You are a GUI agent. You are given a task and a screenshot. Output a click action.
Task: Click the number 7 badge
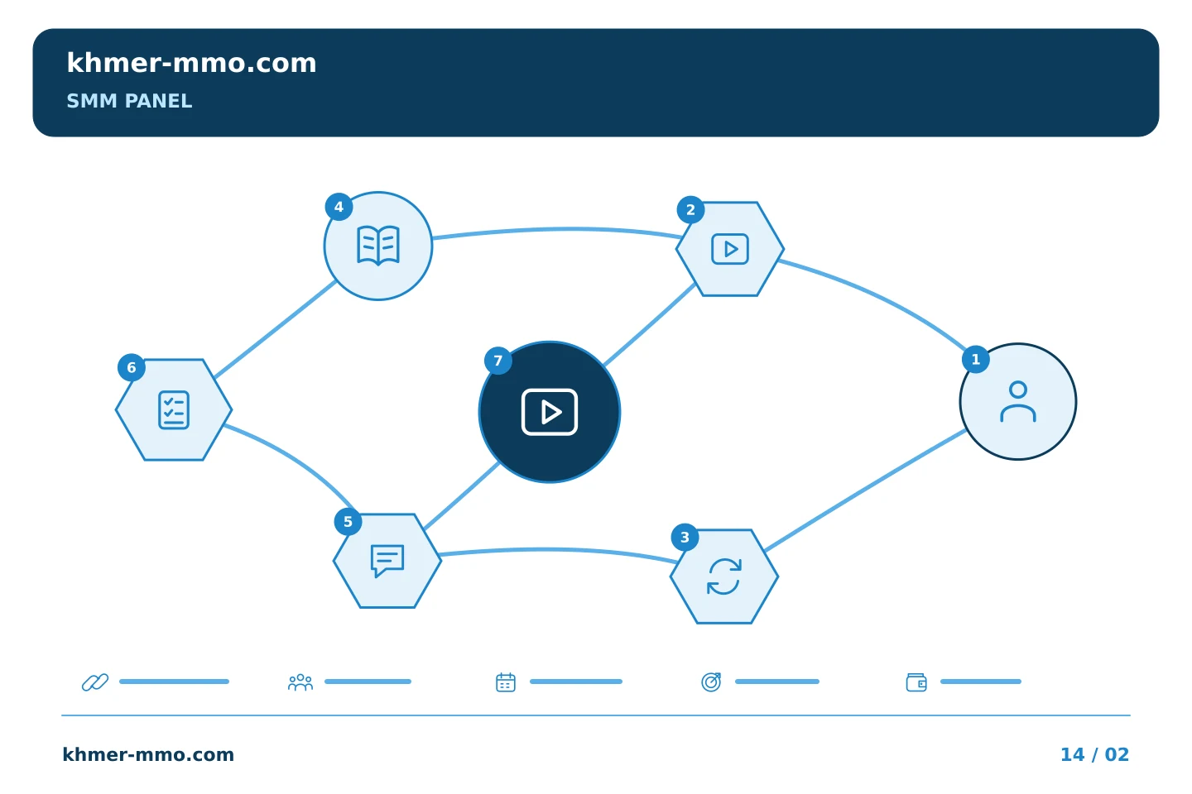(498, 361)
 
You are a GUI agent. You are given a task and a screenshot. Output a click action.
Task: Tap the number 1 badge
(975, 359)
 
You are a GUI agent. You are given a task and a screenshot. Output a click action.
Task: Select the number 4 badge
(339, 206)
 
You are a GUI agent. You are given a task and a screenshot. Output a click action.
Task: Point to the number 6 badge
(132, 367)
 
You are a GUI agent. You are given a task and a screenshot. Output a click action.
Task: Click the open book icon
(377, 245)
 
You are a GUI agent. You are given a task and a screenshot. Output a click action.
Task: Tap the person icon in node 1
(1018, 401)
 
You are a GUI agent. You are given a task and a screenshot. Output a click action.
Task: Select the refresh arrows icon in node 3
(724, 576)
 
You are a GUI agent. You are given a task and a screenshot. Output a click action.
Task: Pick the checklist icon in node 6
(174, 409)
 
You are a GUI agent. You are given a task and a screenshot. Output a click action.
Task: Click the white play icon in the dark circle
(550, 412)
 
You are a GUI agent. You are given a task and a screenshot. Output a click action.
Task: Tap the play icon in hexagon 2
(730, 249)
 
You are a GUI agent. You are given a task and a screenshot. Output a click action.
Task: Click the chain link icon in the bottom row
(95, 682)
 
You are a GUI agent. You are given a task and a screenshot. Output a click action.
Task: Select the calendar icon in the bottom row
(506, 682)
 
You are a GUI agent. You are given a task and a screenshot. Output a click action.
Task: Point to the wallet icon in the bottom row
(916, 682)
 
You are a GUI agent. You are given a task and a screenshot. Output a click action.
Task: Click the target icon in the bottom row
(712, 682)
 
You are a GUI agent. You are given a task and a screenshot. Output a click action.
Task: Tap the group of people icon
(300, 682)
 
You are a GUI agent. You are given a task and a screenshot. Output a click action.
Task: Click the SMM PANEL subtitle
(129, 101)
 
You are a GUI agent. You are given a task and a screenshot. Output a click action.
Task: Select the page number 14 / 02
(1094, 754)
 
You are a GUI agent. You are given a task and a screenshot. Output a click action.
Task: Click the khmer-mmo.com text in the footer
(148, 754)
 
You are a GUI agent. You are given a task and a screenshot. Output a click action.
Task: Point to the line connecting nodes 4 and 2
(557, 229)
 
